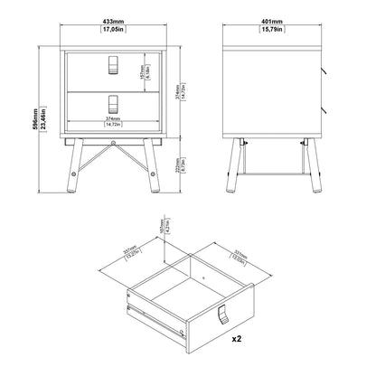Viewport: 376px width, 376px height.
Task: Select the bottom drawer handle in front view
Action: (112, 101)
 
